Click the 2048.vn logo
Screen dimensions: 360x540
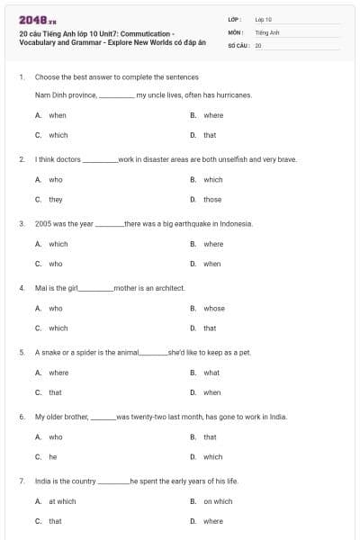click(31, 19)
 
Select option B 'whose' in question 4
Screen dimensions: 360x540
click(214, 308)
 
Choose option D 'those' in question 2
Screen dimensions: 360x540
click(212, 199)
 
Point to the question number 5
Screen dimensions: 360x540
click(22, 352)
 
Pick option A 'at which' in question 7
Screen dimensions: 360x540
click(62, 501)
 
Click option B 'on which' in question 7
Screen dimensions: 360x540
click(218, 501)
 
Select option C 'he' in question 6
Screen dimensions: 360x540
click(52, 456)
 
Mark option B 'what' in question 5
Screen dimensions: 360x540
click(211, 373)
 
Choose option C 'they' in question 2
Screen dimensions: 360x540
click(55, 199)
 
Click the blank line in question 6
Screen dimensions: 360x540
click(104, 418)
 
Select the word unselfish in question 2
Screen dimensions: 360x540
click(221, 159)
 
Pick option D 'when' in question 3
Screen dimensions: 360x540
click(211, 264)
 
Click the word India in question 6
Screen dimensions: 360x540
click(278, 417)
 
